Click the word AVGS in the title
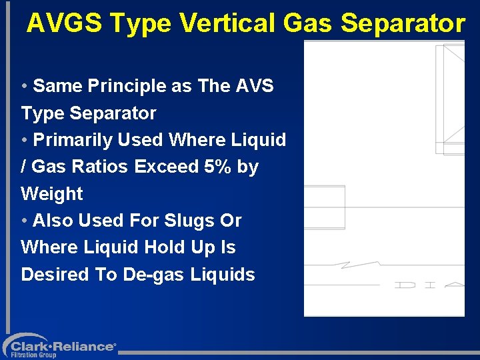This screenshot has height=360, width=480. pyautogui.click(x=64, y=23)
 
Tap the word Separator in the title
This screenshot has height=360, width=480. pyautogui.click(x=403, y=23)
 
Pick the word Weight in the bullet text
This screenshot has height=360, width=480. pyautogui.click(x=52, y=194)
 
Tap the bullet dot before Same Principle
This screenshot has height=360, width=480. pyautogui.click(x=24, y=87)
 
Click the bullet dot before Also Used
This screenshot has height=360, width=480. pyautogui.click(x=24, y=221)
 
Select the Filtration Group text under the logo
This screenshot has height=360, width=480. pyautogui.click(x=33, y=355)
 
